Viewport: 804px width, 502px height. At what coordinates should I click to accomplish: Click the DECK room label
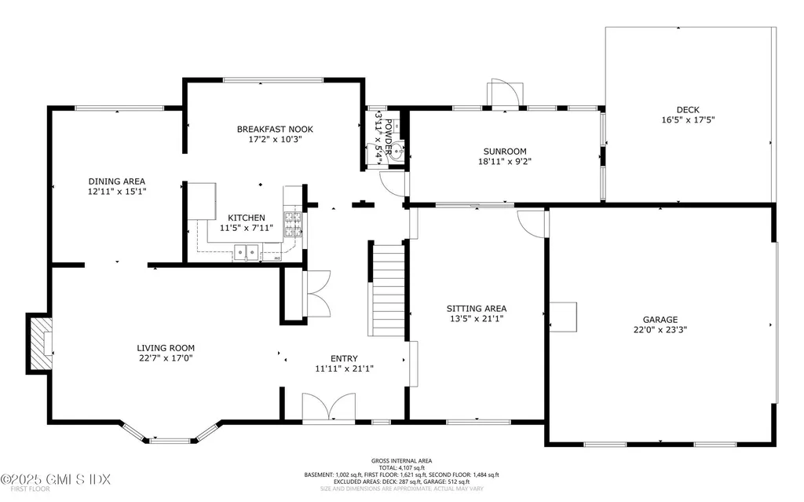688,110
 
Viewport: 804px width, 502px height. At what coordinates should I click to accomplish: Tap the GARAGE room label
660,320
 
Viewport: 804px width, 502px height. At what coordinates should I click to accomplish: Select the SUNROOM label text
504,152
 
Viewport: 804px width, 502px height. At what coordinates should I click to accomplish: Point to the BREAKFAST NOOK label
269,129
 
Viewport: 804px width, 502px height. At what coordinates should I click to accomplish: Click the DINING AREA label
116,181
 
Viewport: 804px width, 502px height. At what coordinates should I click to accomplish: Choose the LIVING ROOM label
166,348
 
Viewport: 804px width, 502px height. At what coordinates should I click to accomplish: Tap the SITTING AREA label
477,308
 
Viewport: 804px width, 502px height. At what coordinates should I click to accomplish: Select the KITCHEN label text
247,218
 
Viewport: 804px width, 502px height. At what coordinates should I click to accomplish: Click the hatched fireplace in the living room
38,343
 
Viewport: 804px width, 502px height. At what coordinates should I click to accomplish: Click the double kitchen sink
247,253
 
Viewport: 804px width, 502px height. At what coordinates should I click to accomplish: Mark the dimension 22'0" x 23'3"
660,330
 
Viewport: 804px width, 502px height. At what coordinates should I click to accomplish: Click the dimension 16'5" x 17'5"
688,120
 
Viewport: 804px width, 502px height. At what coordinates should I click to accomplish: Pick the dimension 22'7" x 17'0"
166,358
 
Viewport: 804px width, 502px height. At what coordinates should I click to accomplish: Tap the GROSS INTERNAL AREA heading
401,461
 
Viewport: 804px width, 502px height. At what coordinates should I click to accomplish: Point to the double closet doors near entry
317,294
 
